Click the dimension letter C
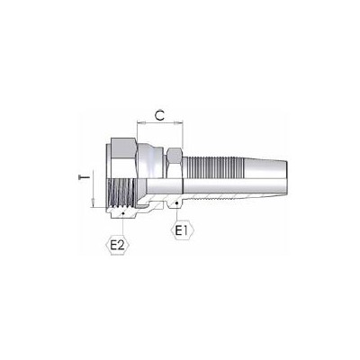click(160, 115)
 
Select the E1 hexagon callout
click(182, 230)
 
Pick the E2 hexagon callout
click(118, 246)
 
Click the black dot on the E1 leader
click(177, 203)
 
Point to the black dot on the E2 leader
click(123, 213)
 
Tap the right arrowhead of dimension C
click(179, 122)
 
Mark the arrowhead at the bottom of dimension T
click(94, 202)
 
